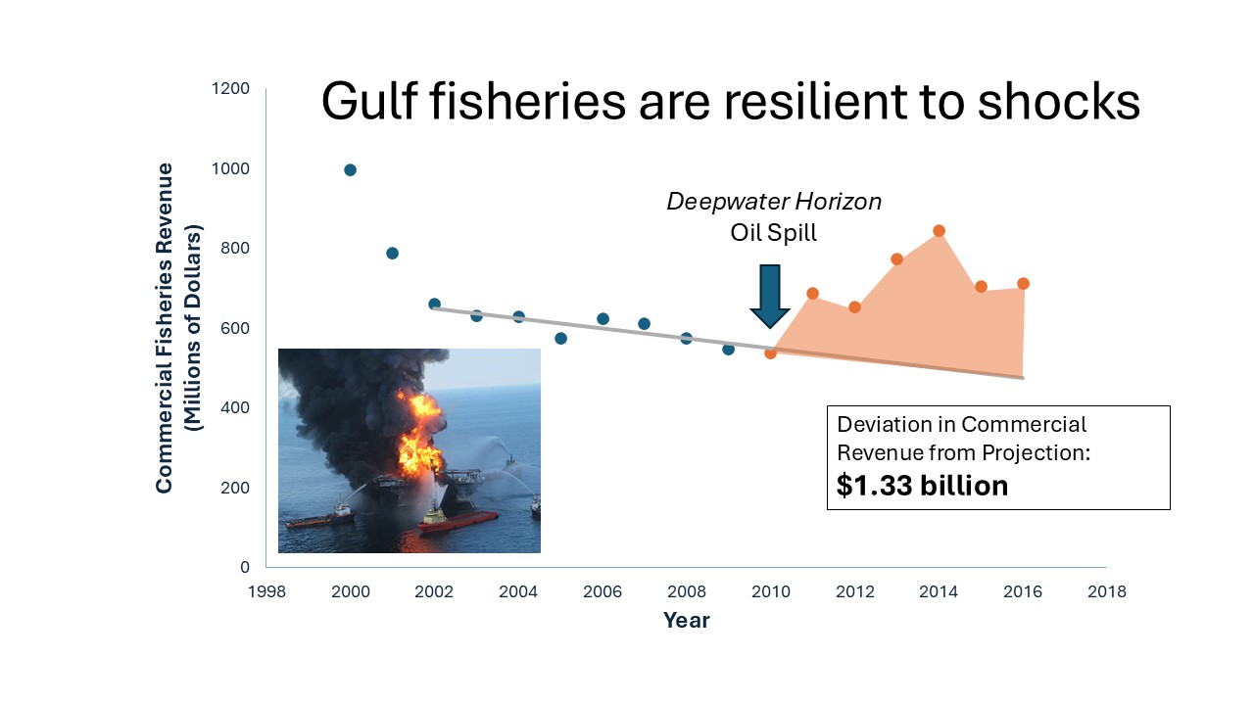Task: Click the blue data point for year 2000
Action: [350, 170]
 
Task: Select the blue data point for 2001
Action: [392, 254]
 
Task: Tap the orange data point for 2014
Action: [939, 231]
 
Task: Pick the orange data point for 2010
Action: [770, 353]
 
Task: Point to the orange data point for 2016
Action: [1023, 284]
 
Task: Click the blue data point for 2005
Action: [560, 339]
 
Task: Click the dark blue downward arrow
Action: [770, 297]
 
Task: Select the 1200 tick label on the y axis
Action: [230, 88]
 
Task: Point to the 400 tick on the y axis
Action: [234, 407]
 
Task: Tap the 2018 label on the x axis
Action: [1106, 591]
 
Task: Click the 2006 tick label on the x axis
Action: [603, 591]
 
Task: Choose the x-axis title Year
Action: [687, 620]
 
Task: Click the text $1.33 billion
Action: [922, 485]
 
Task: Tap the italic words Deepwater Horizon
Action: [774, 202]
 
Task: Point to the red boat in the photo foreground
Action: [458, 520]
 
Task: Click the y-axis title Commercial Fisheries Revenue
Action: [164, 328]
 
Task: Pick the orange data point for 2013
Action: [896, 259]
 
